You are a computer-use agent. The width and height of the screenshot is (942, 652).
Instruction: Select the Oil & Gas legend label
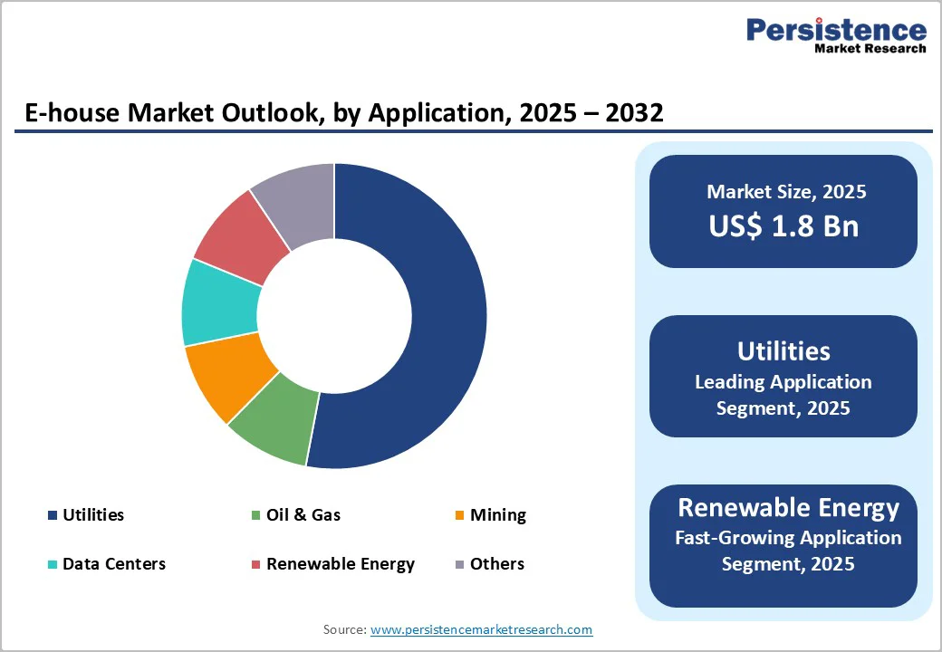[303, 515]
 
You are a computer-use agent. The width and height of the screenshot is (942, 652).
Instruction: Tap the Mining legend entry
[497, 515]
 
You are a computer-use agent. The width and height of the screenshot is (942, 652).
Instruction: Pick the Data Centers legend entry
[113, 564]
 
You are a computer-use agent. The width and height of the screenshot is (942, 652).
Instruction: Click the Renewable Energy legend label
[340, 564]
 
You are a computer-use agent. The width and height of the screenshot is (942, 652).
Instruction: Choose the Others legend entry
[496, 564]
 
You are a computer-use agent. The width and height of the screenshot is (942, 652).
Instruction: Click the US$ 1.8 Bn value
[783, 225]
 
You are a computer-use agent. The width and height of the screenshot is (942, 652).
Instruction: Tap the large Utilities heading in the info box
[783, 350]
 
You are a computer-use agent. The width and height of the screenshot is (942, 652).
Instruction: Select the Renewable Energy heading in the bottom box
[788, 507]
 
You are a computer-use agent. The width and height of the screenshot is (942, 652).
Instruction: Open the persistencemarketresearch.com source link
[481, 629]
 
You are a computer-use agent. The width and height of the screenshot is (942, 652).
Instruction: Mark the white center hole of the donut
[334, 316]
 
